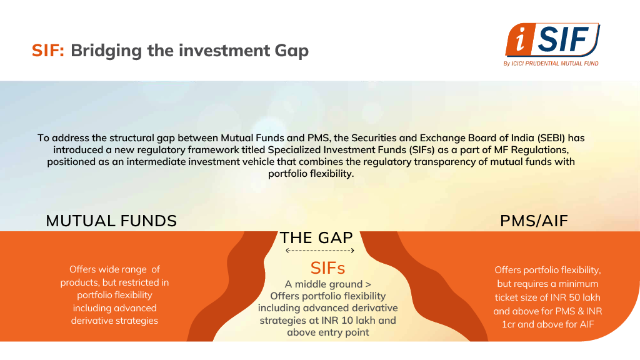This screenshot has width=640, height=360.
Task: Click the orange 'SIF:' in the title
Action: point(48,51)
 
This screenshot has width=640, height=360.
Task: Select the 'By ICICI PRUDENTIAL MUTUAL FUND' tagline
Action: point(551,63)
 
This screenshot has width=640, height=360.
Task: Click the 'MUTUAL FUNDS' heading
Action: point(111,221)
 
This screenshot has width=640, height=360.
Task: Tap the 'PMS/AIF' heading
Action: point(534,221)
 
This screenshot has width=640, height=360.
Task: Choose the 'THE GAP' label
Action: point(316,237)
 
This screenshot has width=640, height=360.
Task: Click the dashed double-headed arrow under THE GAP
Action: point(320,251)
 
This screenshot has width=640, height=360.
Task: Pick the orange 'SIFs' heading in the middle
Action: point(327,268)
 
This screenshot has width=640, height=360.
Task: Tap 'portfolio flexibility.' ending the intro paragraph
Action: point(311,174)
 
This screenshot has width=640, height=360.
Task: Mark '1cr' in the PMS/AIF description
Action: point(509,324)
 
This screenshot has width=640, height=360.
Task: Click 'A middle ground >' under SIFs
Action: point(327,284)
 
